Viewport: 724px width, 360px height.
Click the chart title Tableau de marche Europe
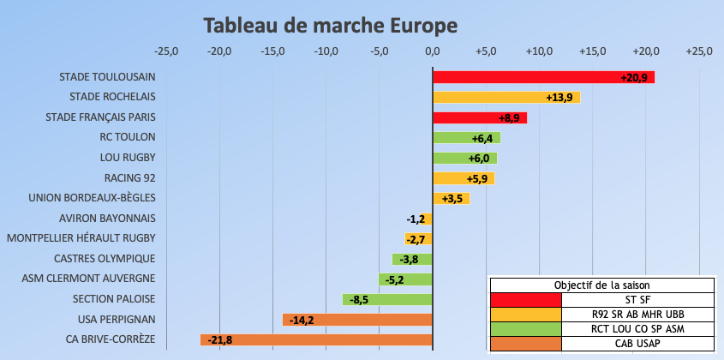tap(331, 26)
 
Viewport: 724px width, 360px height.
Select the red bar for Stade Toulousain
tap(543, 77)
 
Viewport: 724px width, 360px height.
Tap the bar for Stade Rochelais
tap(506, 97)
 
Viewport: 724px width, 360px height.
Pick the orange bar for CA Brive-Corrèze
tap(316, 339)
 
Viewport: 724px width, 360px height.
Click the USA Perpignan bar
tap(357, 320)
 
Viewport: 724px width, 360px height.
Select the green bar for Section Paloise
tap(387, 299)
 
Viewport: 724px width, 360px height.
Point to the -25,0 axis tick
tap(165, 51)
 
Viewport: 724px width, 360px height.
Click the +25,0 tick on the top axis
tap(699, 51)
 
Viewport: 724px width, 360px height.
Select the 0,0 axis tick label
tap(433, 51)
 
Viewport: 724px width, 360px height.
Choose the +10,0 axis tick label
tap(540, 51)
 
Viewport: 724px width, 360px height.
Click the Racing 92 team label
tap(129, 178)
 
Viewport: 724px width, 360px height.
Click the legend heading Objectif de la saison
tap(601, 285)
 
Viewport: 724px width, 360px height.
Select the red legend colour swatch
tap(525, 299)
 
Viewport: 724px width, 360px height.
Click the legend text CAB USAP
tap(637, 344)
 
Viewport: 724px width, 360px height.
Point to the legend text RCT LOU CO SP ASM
tap(637, 329)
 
